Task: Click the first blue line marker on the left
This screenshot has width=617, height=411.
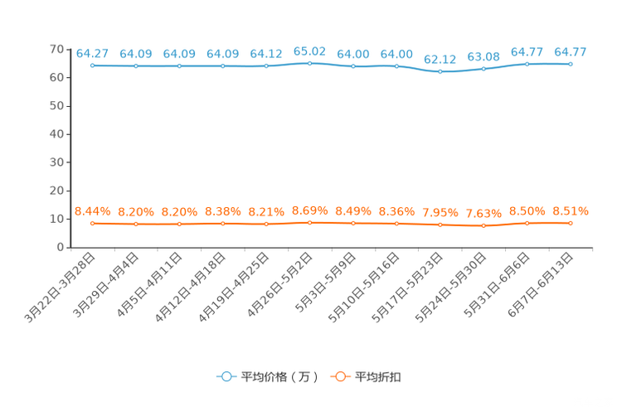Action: [x=93, y=65]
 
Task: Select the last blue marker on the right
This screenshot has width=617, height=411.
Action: [x=571, y=64]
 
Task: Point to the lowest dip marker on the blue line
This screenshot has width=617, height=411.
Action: [x=440, y=72]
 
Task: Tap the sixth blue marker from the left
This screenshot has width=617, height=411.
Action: [x=309, y=63]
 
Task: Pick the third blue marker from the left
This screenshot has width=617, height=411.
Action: [x=180, y=65]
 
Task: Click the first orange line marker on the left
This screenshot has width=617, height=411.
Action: [x=93, y=224]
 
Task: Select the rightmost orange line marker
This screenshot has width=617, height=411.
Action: [x=571, y=223]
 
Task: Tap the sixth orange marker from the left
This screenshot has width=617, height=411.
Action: [x=309, y=223]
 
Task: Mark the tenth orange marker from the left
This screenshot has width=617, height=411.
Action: [x=483, y=225]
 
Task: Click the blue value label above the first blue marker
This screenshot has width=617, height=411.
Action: [x=92, y=53]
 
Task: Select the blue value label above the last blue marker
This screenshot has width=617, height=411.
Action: [x=571, y=52]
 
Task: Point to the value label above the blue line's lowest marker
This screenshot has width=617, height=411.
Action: [x=440, y=60]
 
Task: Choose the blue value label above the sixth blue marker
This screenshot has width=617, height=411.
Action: [x=309, y=51]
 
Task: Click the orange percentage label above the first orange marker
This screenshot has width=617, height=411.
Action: [x=92, y=211]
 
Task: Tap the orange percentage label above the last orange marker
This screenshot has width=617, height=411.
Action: [x=571, y=211]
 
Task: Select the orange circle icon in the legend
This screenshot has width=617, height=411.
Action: [x=340, y=376]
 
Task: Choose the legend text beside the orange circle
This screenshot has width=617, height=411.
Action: [x=379, y=377]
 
